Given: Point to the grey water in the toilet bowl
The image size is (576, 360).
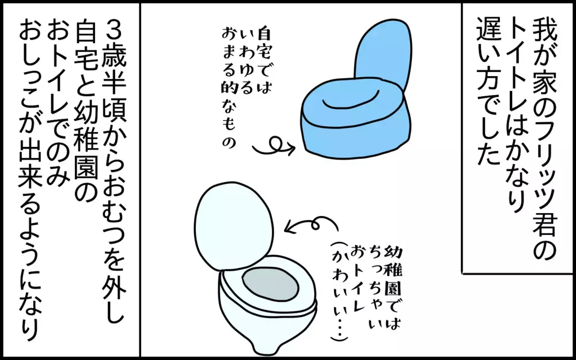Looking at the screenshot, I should [x=270, y=285].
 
